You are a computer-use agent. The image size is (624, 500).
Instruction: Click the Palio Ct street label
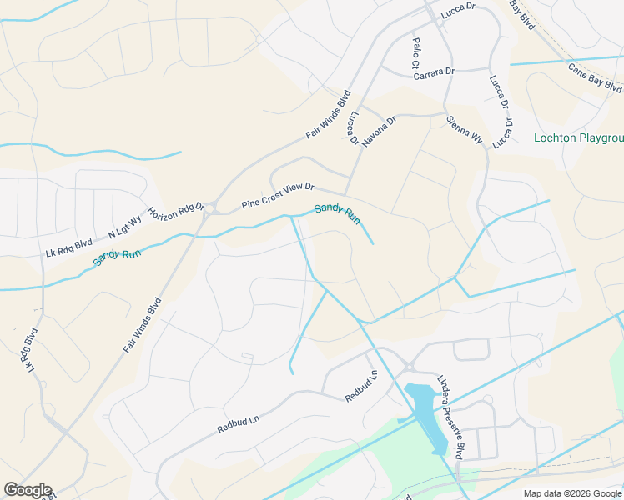pyautogui.click(x=415, y=52)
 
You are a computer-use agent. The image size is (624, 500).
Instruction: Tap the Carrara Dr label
pyautogui.click(x=434, y=72)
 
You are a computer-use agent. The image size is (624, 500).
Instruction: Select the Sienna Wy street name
pyautogui.click(x=465, y=130)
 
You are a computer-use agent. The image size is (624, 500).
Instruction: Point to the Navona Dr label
pyautogui.click(x=380, y=131)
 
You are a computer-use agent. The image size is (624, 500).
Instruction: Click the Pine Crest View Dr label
pyautogui.click(x=276, y=196)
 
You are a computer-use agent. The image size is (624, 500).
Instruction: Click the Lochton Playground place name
pyautogui.click(x=578, y=137)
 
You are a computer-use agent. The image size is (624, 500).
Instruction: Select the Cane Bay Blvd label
pyautogui.click(x=595, y=77)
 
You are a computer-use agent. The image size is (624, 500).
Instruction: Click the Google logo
pyautogui.click(x=28, y=490)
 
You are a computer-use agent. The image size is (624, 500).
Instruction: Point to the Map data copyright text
pyautogui.click(x=572, y=493)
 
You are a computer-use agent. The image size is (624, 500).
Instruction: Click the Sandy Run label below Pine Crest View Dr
pyautogui.click(x=337, y=213)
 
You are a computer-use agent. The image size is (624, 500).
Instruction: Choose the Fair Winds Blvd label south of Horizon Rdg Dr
pyautogui.click(x=142, y=326)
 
